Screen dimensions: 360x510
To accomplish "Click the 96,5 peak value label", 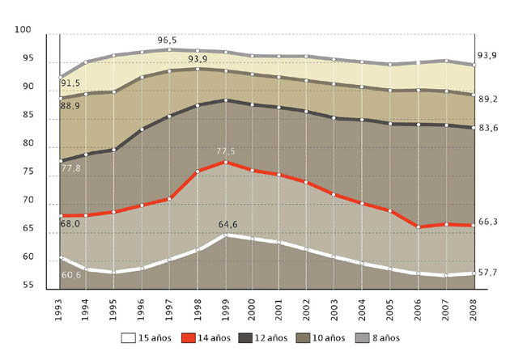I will coord(168,39).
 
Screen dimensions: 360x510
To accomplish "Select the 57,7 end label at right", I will coord(487,273).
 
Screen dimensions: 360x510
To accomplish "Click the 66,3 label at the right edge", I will coord(487,221).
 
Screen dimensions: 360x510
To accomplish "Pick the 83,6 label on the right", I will coord(487,128).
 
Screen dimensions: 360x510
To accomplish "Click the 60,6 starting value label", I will coord(71,275).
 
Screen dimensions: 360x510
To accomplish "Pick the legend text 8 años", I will coord(385,337).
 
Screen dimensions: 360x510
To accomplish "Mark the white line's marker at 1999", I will coord(225,235).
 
